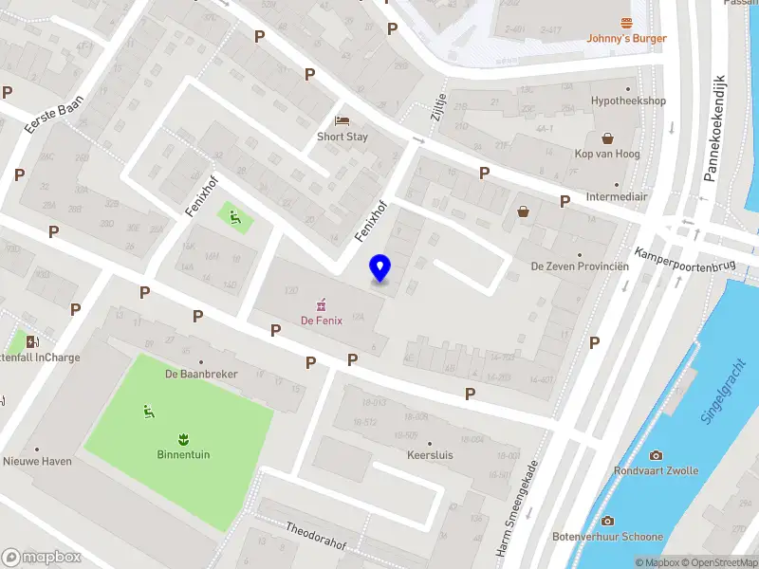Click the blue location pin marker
pos(380,268)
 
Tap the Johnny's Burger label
pos(626,39)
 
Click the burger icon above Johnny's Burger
pos(626,23)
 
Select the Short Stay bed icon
pos(342,121)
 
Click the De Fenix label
pos(322,321)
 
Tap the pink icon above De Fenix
pos(322,303)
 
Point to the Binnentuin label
pos(184,454)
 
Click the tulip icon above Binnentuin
pos(184,438)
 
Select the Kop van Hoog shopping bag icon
pos(607,138)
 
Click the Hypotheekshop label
pos(628,101)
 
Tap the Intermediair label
pos(617,197)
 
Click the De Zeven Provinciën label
pos(580,266)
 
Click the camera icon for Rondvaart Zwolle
pos(656,455)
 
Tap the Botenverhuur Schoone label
pos(606,536)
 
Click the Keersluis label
pos(429,454)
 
